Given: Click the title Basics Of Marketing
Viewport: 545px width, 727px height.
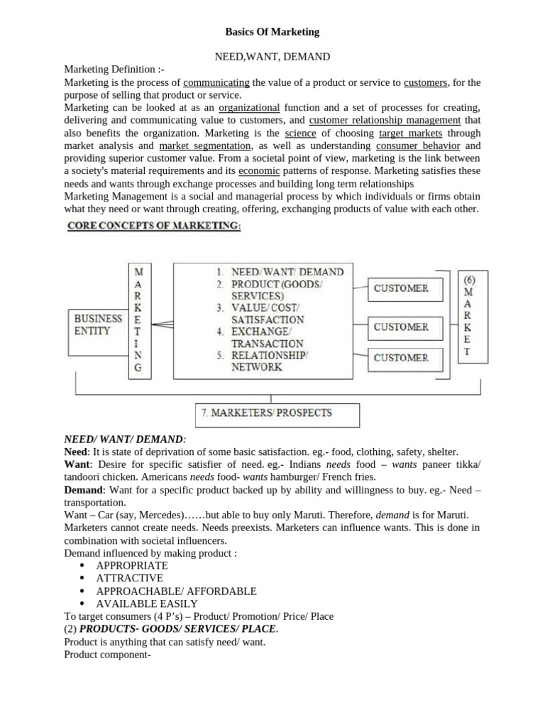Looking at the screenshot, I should click(272, 32).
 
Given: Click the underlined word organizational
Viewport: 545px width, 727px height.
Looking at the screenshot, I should click(249, 108).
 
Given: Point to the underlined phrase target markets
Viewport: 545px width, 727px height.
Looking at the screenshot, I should click(410, 133).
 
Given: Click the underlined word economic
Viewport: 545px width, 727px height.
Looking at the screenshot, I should click(259, 172).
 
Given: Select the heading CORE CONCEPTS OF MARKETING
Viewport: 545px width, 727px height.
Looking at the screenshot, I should click(153, 226).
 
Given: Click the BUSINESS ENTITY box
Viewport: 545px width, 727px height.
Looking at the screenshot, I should click(97, 326).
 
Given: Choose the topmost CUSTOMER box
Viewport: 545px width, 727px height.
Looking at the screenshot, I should click(401, 289).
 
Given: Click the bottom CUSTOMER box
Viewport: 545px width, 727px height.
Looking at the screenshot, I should click(401, 358).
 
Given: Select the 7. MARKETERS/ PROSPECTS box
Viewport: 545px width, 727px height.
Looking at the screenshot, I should click(277, 413).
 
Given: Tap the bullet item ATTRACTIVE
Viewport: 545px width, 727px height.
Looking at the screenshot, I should click(129, 578).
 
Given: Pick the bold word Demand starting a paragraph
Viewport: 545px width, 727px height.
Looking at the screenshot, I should click(84, 490).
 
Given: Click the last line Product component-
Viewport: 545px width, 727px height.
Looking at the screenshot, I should click(105, 655).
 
